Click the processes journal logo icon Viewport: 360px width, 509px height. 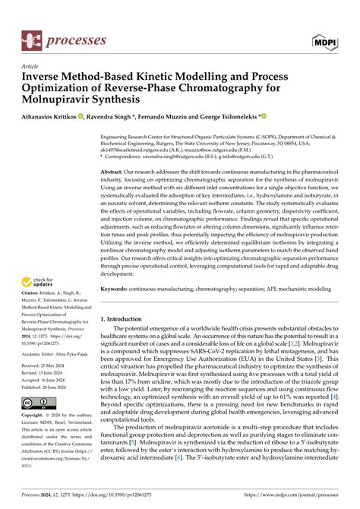click(x=32, y=36)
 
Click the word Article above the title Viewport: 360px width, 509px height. click(x=30, y=66)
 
